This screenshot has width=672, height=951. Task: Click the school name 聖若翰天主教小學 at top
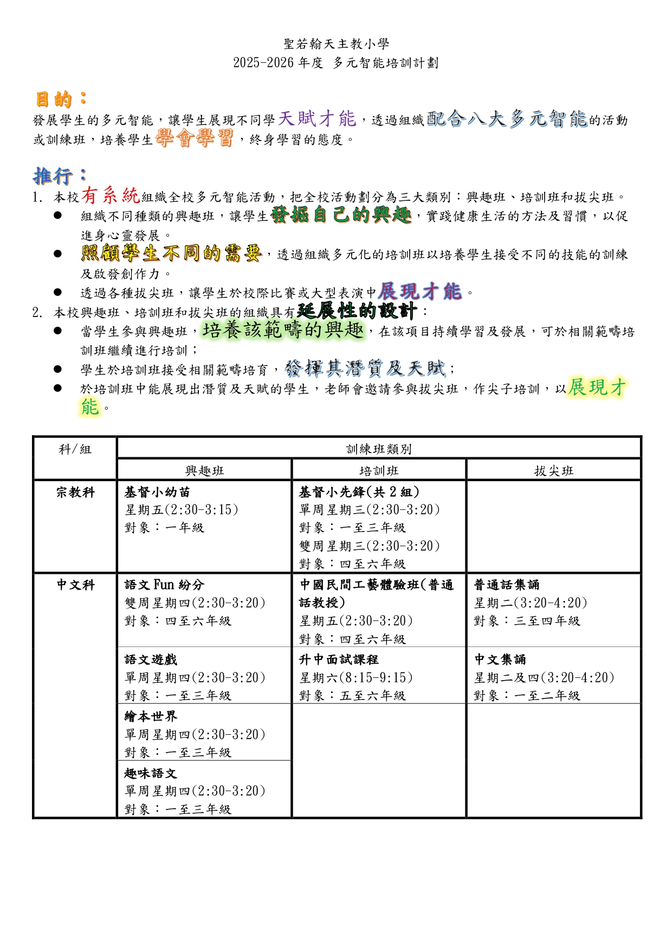(x=336, y=44)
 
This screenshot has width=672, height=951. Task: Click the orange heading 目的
(x=54, y=100)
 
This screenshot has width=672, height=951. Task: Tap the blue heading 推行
(x=53, y=176)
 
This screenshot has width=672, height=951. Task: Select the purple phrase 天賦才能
(x=317, y=118)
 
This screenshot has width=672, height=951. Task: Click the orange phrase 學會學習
(x=194, y=138)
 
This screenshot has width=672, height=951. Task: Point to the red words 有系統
(x=111, y=195)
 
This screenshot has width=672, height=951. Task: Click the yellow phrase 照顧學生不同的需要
(x=171, y=253)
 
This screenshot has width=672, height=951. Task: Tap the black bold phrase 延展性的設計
(x=357, y=311)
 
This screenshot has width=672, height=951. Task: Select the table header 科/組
(x=75, y=449)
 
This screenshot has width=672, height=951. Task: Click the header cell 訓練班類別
(x=379, y=449)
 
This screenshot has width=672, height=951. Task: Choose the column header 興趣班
(x=204, y=471)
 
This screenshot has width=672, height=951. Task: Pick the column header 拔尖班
(x=553, y=471)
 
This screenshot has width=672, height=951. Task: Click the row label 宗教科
(x=75, y=493)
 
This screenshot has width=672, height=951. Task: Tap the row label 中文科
(x=75, y=585)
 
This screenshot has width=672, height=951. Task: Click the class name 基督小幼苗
(x=157, y=493)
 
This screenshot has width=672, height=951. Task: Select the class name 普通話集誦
(x=507, y=585)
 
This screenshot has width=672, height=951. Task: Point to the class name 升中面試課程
(x=339, y=660)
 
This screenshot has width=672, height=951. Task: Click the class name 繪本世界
(x=151, y=717)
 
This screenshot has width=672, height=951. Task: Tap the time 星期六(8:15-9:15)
(x=356, y=678)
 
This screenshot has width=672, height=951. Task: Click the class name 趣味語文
(x=151, y=774)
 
